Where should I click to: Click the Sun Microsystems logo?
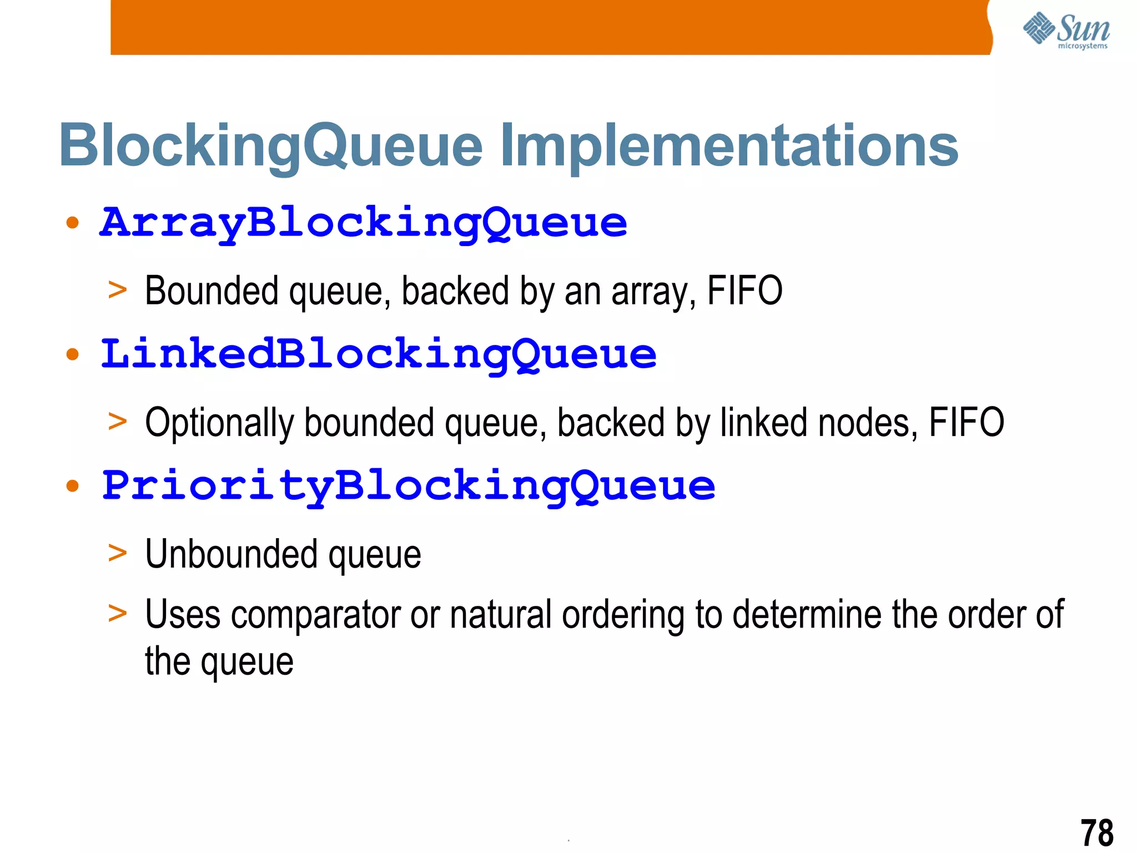coord(1066,31)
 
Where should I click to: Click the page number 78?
coord(1096,832)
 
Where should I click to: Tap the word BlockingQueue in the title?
coord(271,145)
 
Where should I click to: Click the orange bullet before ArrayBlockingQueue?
coord(72,223)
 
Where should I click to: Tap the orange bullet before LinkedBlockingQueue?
coord(72,355)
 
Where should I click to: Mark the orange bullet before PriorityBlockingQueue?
coord(72,486)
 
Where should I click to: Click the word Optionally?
coord(219,423)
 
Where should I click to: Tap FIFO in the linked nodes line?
coord(967,422)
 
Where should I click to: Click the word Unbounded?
coord(232,554)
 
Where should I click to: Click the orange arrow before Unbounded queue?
coord(118,553)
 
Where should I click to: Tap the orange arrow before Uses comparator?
coord(118,614)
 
